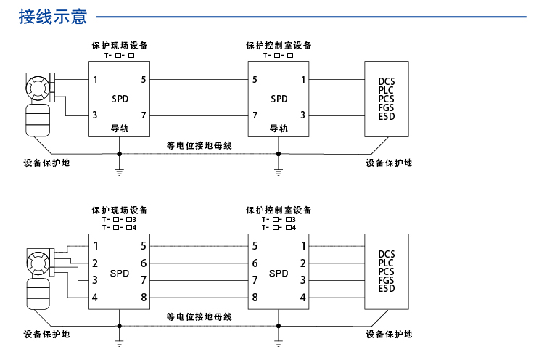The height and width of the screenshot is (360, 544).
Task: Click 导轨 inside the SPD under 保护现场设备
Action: pyautogui.click(x=119, y=128)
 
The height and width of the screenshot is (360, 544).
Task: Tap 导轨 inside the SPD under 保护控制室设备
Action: pyautogui.click(x=279, y=128)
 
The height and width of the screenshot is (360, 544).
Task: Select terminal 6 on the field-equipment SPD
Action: pyautogui.click(x=144, y=263)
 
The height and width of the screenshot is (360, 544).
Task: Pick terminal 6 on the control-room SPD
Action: pyautogui.click(x=255, y=263)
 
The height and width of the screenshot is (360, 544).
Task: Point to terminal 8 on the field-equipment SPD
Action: pyautogui.click(x=144, y=297)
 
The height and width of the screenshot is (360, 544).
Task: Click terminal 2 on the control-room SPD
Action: pyautogui.click(x=302, y=263)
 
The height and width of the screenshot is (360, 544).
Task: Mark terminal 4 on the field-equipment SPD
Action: pyautogui.click(x=95, y=297)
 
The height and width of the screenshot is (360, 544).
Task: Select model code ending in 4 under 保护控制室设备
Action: pyautogui.click(x=279, y=227)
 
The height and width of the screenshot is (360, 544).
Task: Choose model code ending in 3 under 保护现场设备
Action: pyautogui.click(x=120, y=219)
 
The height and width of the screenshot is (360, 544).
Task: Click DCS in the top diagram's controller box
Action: pyautogui.click(x=387, y=81)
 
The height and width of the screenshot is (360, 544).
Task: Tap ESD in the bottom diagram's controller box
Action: pyautogui.click(x=387, y=288)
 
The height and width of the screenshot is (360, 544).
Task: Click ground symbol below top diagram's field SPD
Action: pyautogui.click(x=119, y=173)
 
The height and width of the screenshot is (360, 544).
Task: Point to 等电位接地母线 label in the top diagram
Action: pyautogui.click(x=199, y=145)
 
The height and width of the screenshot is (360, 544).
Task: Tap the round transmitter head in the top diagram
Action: pyautogui.click(x=36, y=89)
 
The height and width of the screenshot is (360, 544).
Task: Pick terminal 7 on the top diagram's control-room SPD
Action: pyautogui.click(x=255, y=115)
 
